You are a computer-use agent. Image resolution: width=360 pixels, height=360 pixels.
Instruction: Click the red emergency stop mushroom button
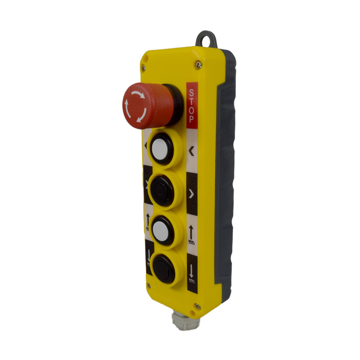click(x=148, y=106)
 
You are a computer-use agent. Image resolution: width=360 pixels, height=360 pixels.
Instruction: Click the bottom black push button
click(x=164, y=269)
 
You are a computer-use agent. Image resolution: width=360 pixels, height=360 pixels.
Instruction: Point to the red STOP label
click(x=192, y=105)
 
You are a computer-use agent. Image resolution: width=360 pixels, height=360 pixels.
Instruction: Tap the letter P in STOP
click(x=192, y=119)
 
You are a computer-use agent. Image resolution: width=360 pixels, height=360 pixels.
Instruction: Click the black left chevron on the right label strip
click(x=191, y=151)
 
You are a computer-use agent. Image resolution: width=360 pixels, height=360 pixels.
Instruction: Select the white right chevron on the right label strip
click(x=192, y=194)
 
